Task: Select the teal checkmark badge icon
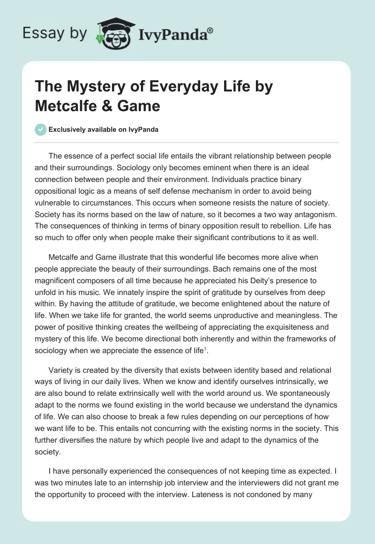click(x=41, y=129)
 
